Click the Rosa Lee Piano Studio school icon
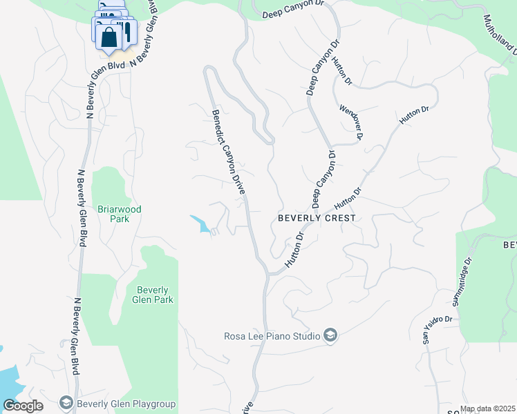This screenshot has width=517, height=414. [330, 335]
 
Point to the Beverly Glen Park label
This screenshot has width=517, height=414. [154, 295]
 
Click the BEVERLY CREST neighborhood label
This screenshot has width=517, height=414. [317, 218]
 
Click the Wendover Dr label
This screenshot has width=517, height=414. [351, 122]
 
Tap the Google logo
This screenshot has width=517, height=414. [23, 406]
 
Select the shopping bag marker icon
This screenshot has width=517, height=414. [110, 37]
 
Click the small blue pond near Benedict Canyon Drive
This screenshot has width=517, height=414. [202, 224]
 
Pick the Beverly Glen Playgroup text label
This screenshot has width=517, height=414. [126, 404]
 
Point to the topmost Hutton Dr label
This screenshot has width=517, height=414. [341, 70]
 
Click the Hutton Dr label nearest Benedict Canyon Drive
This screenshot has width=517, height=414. [295, 249]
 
